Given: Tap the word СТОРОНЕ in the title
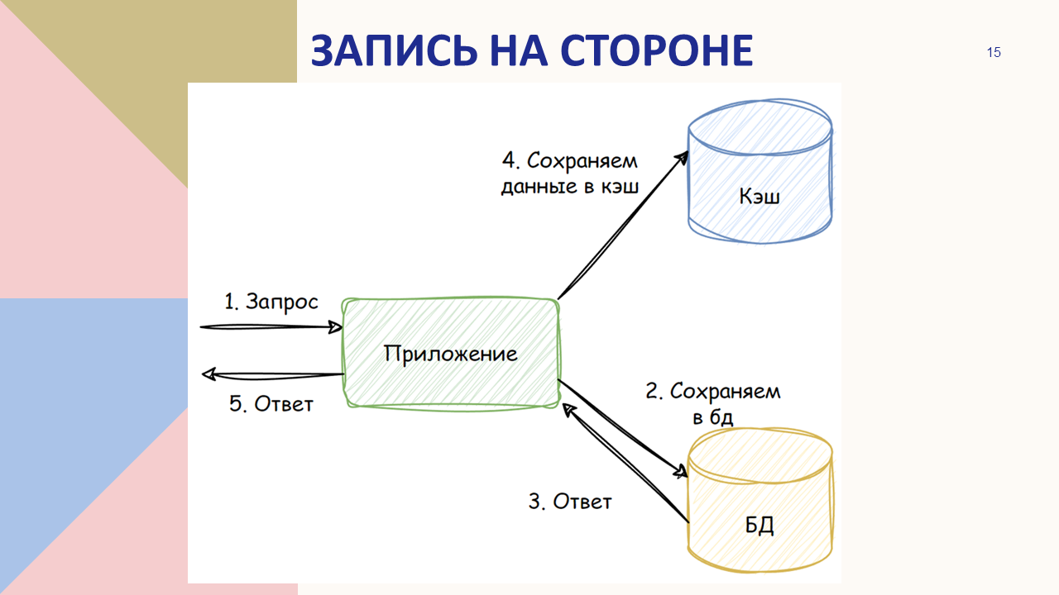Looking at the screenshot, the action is [x=657, y=50].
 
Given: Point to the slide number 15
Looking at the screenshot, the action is [x=994, y=52].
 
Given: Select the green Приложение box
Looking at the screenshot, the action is [x=451, y=354].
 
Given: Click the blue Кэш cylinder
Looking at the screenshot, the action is [x=760, y=171].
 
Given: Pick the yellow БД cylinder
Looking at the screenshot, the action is [x=760, y=501].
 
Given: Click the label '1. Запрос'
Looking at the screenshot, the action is [x=271, y=302].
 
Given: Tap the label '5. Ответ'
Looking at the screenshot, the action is [x=271, y=404].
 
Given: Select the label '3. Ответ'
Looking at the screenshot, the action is [x=570, y=502].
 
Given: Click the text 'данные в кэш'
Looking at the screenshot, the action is [x=570, y=186].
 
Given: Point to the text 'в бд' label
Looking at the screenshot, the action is [x=713, y=417].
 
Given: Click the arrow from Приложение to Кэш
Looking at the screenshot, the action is [x=623, y=226].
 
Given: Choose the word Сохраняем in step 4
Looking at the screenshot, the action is [x=582, y=161].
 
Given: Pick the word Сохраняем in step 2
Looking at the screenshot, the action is [x=726, y=392].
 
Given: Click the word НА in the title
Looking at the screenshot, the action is [x=519, y=50].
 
